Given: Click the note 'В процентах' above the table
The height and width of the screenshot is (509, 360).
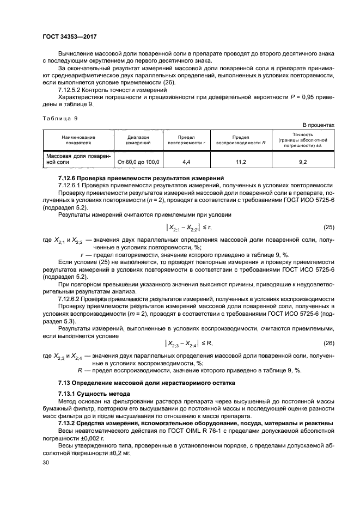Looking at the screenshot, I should click(x=319, y=125).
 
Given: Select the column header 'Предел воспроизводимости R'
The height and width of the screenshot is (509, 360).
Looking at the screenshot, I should click(x=241, y=140).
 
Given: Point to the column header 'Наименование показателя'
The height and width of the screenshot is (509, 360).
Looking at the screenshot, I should click(x=78, y=140).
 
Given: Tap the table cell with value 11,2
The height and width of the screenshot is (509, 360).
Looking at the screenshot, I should click(x=241, y=162).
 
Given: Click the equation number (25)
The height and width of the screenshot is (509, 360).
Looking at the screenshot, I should click(x=328, y=226).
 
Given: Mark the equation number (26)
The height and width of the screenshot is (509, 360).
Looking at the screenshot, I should click(x=328, y=343).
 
